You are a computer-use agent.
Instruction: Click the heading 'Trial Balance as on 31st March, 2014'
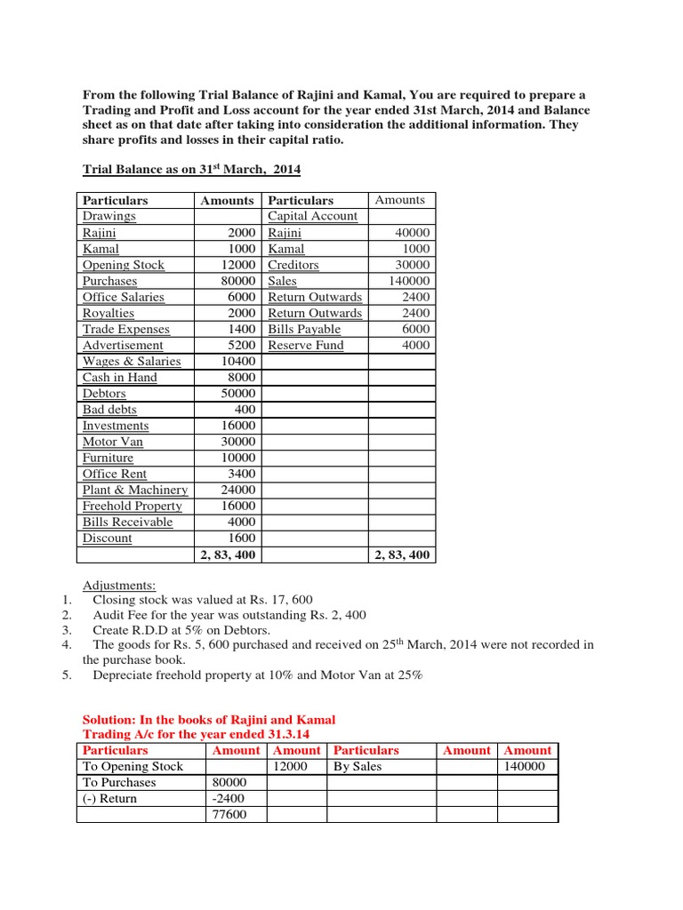tap(191, 169)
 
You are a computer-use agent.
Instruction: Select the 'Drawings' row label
tap(108, 216)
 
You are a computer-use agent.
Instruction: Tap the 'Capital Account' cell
tap(312, 216)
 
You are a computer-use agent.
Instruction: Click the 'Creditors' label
tap(293, 265)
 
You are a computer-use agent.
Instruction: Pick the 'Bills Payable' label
tap(304, 329)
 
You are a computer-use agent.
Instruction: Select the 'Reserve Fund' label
tap(305, 345)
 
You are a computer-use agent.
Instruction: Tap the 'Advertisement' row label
tap(123, 345)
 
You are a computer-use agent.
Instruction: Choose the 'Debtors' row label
tap(104, 393)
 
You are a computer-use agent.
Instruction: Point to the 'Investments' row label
tap(116, 426)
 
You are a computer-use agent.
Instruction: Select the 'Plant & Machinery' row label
tap(135, 490)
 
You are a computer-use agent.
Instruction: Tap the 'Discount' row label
tap(107, 538)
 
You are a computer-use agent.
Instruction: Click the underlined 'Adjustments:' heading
tap(119, 585)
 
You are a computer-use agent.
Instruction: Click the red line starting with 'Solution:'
tap(209, 719)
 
